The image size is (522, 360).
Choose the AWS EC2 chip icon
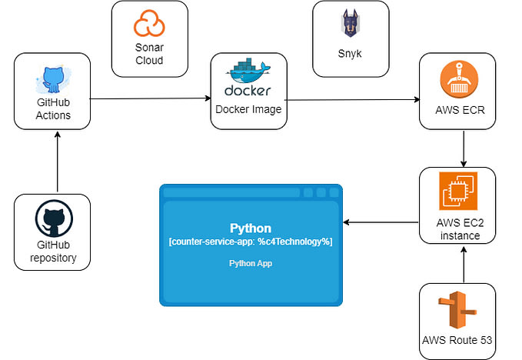pos(458,192)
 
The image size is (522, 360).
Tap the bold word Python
pos(251,228)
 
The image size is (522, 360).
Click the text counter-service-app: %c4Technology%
pos(251,242)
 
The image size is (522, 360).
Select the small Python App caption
pos(251,263)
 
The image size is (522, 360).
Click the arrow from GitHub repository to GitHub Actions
pos(58,162)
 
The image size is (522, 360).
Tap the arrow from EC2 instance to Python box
pos(381,222)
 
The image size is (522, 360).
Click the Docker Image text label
pos(248,109)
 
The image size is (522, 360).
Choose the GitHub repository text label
pos(52,252)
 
